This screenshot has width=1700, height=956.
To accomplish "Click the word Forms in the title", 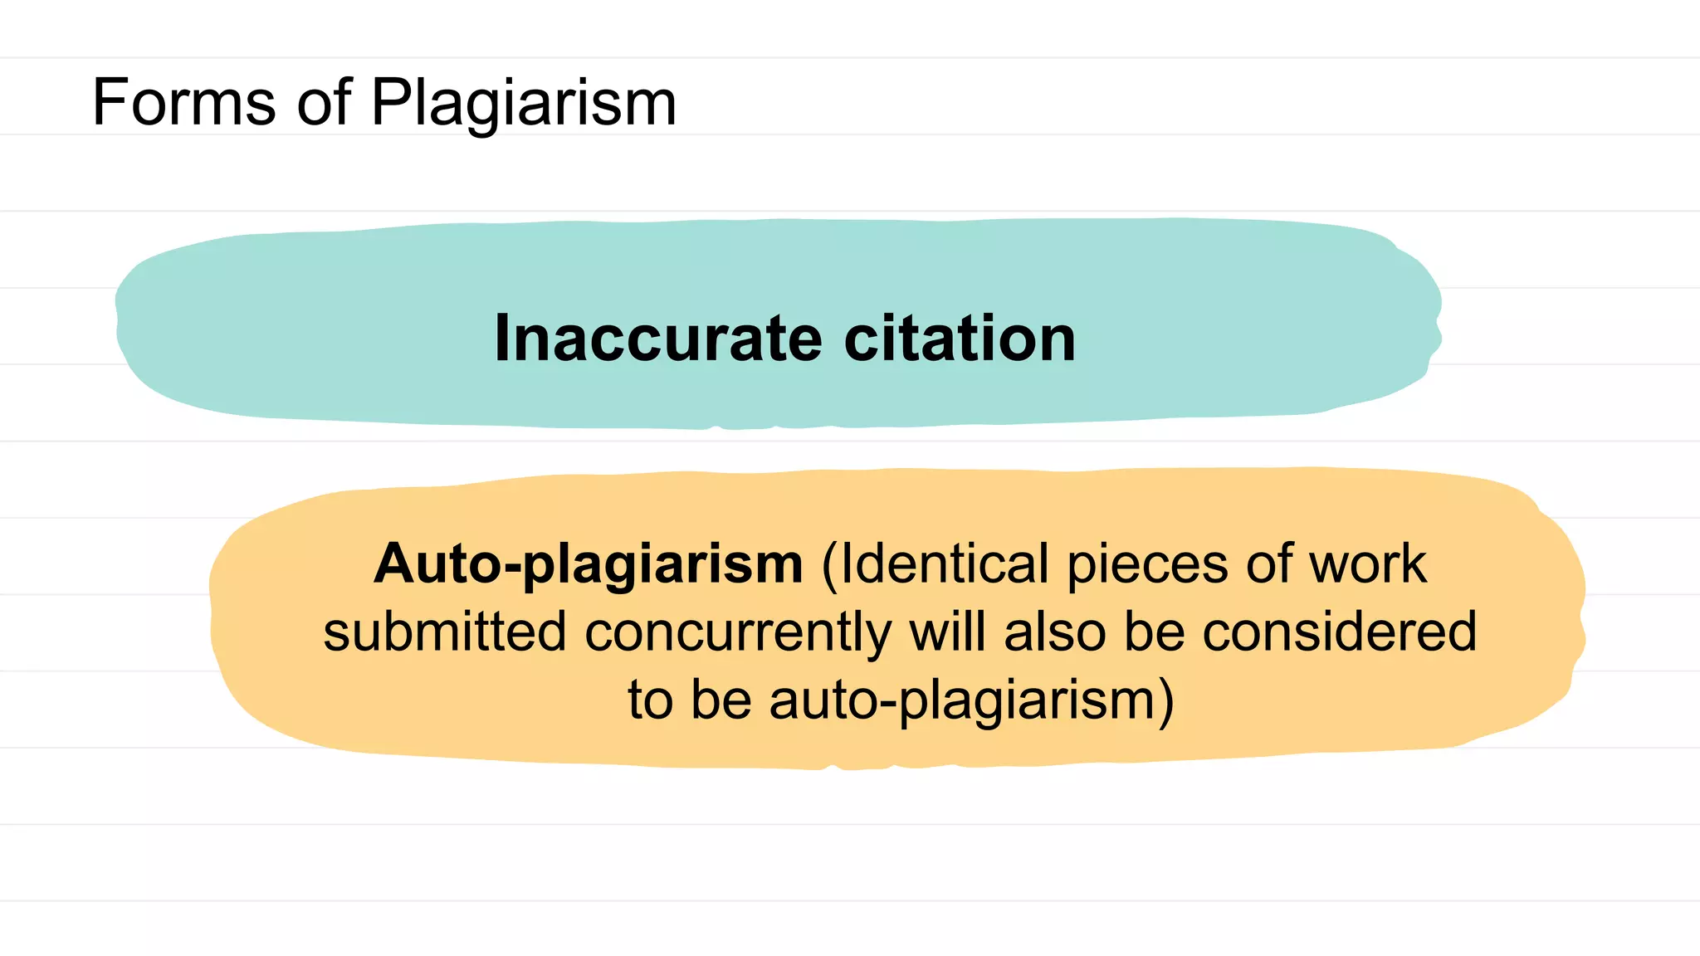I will tap(183, 102).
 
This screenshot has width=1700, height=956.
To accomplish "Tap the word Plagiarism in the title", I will tap(524, 104).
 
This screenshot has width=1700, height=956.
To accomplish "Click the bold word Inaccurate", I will tap(658, 339).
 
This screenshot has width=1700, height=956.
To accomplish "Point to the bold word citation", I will tap(960, 339).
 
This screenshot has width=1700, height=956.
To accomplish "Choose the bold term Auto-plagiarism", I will tap(589, 565).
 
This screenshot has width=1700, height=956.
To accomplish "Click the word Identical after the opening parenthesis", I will tap(945, 564).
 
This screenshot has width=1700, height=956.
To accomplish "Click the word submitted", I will tap(445, 632).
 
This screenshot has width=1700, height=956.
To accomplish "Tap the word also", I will tap(1055, 632).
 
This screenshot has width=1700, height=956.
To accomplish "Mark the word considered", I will tap(1340, 632).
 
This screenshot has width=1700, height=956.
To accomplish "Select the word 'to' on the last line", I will tap(650, 700).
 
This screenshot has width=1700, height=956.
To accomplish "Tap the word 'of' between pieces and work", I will tap(1269, 564).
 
